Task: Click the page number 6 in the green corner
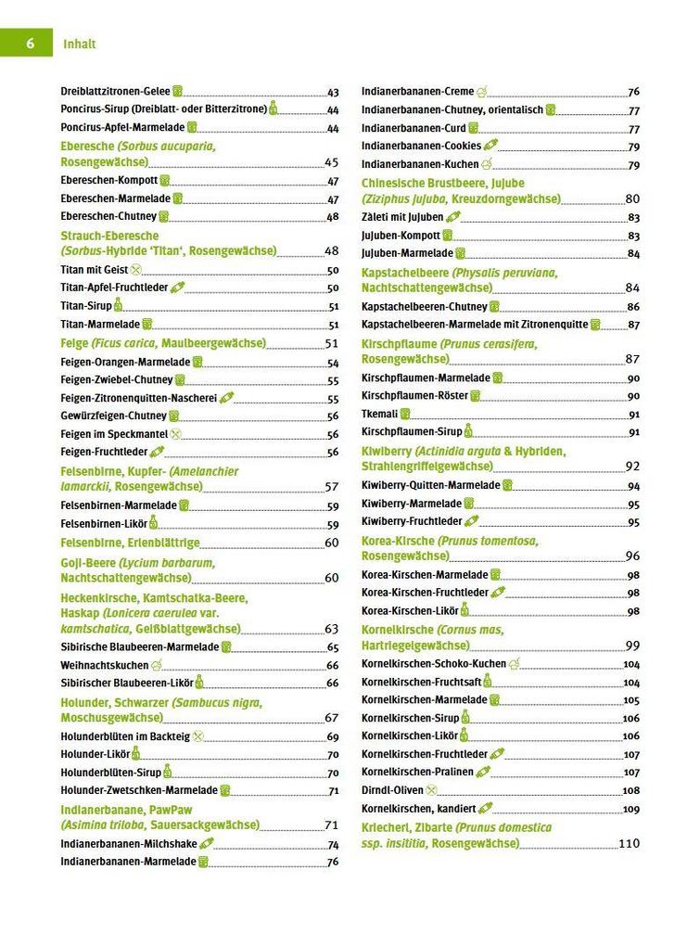pos(31,44)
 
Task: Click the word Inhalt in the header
pos(80,44)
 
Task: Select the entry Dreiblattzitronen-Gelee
pos(115,92)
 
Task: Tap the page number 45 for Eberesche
pos(331,162)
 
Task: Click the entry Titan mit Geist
pos(94,270)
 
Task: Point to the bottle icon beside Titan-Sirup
pos(118,305)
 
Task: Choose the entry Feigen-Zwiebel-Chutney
pos(116,379)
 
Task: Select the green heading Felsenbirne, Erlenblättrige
pos(130,543)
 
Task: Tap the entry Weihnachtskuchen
pos(104,665)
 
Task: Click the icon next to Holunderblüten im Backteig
pos(197,736)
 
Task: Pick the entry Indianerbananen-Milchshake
pos(129,844)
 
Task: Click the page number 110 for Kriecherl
pos(629,844)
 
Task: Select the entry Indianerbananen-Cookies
pos(421,146)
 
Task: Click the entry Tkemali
pos(379,414)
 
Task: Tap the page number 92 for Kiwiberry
pos(632,467)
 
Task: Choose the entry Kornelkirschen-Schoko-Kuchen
pos(433,664)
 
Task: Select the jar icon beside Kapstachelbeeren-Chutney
pos(494,306)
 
